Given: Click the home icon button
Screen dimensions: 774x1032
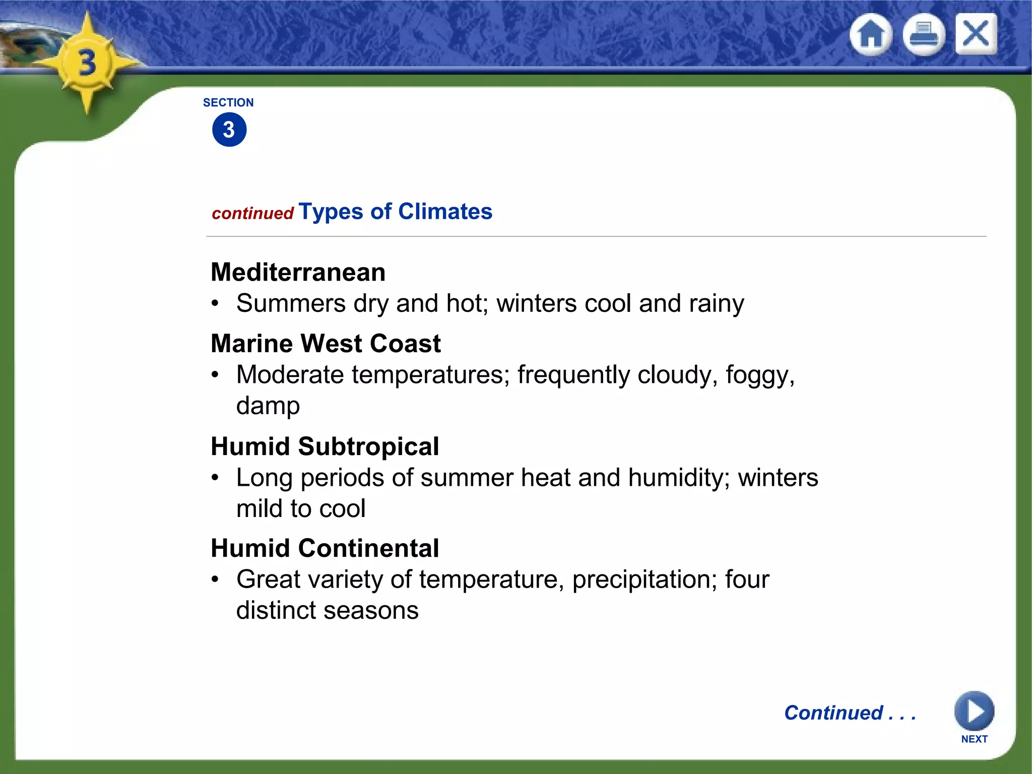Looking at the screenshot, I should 871,35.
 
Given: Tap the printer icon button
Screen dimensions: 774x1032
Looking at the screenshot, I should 923,35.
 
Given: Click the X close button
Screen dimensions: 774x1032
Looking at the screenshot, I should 976,34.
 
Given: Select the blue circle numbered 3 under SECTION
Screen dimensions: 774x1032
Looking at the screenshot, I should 229,130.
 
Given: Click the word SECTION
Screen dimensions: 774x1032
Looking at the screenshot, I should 228,103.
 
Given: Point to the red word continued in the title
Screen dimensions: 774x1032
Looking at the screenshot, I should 252,214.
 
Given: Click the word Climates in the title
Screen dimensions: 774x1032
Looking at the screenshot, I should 445,212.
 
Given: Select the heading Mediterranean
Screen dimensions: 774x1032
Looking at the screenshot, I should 298,273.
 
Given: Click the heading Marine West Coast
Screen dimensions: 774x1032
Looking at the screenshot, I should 326,344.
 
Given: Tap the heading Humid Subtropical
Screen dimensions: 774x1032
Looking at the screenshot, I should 325,446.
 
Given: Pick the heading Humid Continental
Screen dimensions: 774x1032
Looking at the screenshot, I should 325,548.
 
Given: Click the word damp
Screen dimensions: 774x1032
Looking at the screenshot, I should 268,406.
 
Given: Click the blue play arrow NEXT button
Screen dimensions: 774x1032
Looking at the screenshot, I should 974,712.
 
